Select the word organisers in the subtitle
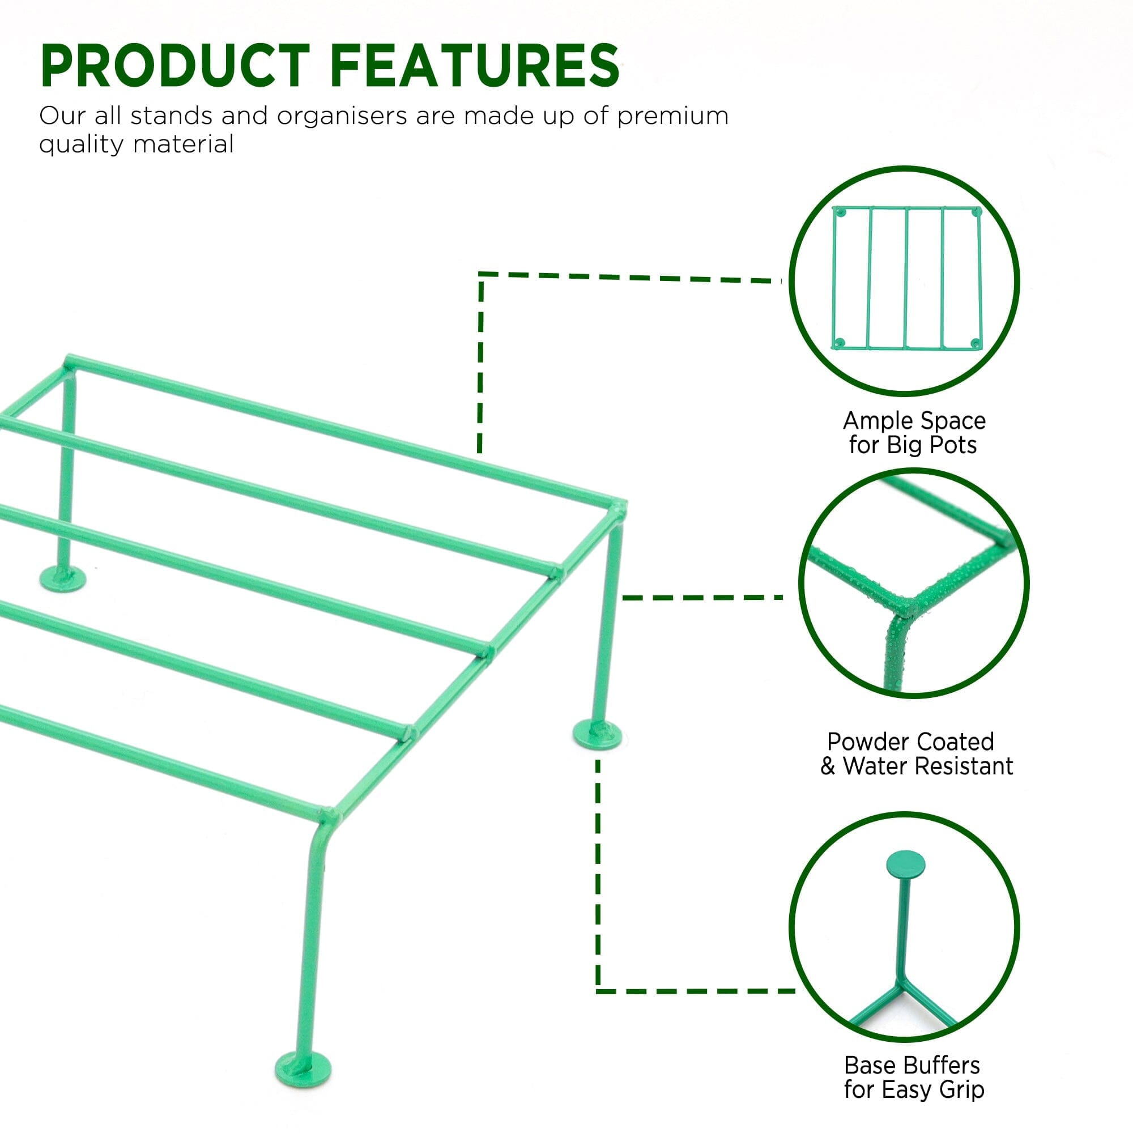(341, 116)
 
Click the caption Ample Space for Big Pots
(914, 433)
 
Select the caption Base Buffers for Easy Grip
(914, 1077)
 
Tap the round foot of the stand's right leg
(597, 734)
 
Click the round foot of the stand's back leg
(63, 579)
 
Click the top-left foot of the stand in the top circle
(840, 212)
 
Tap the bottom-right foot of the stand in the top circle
(974, 343)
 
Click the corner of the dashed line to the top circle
(480, 274)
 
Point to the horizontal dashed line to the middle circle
(701, 598)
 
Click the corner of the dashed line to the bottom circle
(598, 991)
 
